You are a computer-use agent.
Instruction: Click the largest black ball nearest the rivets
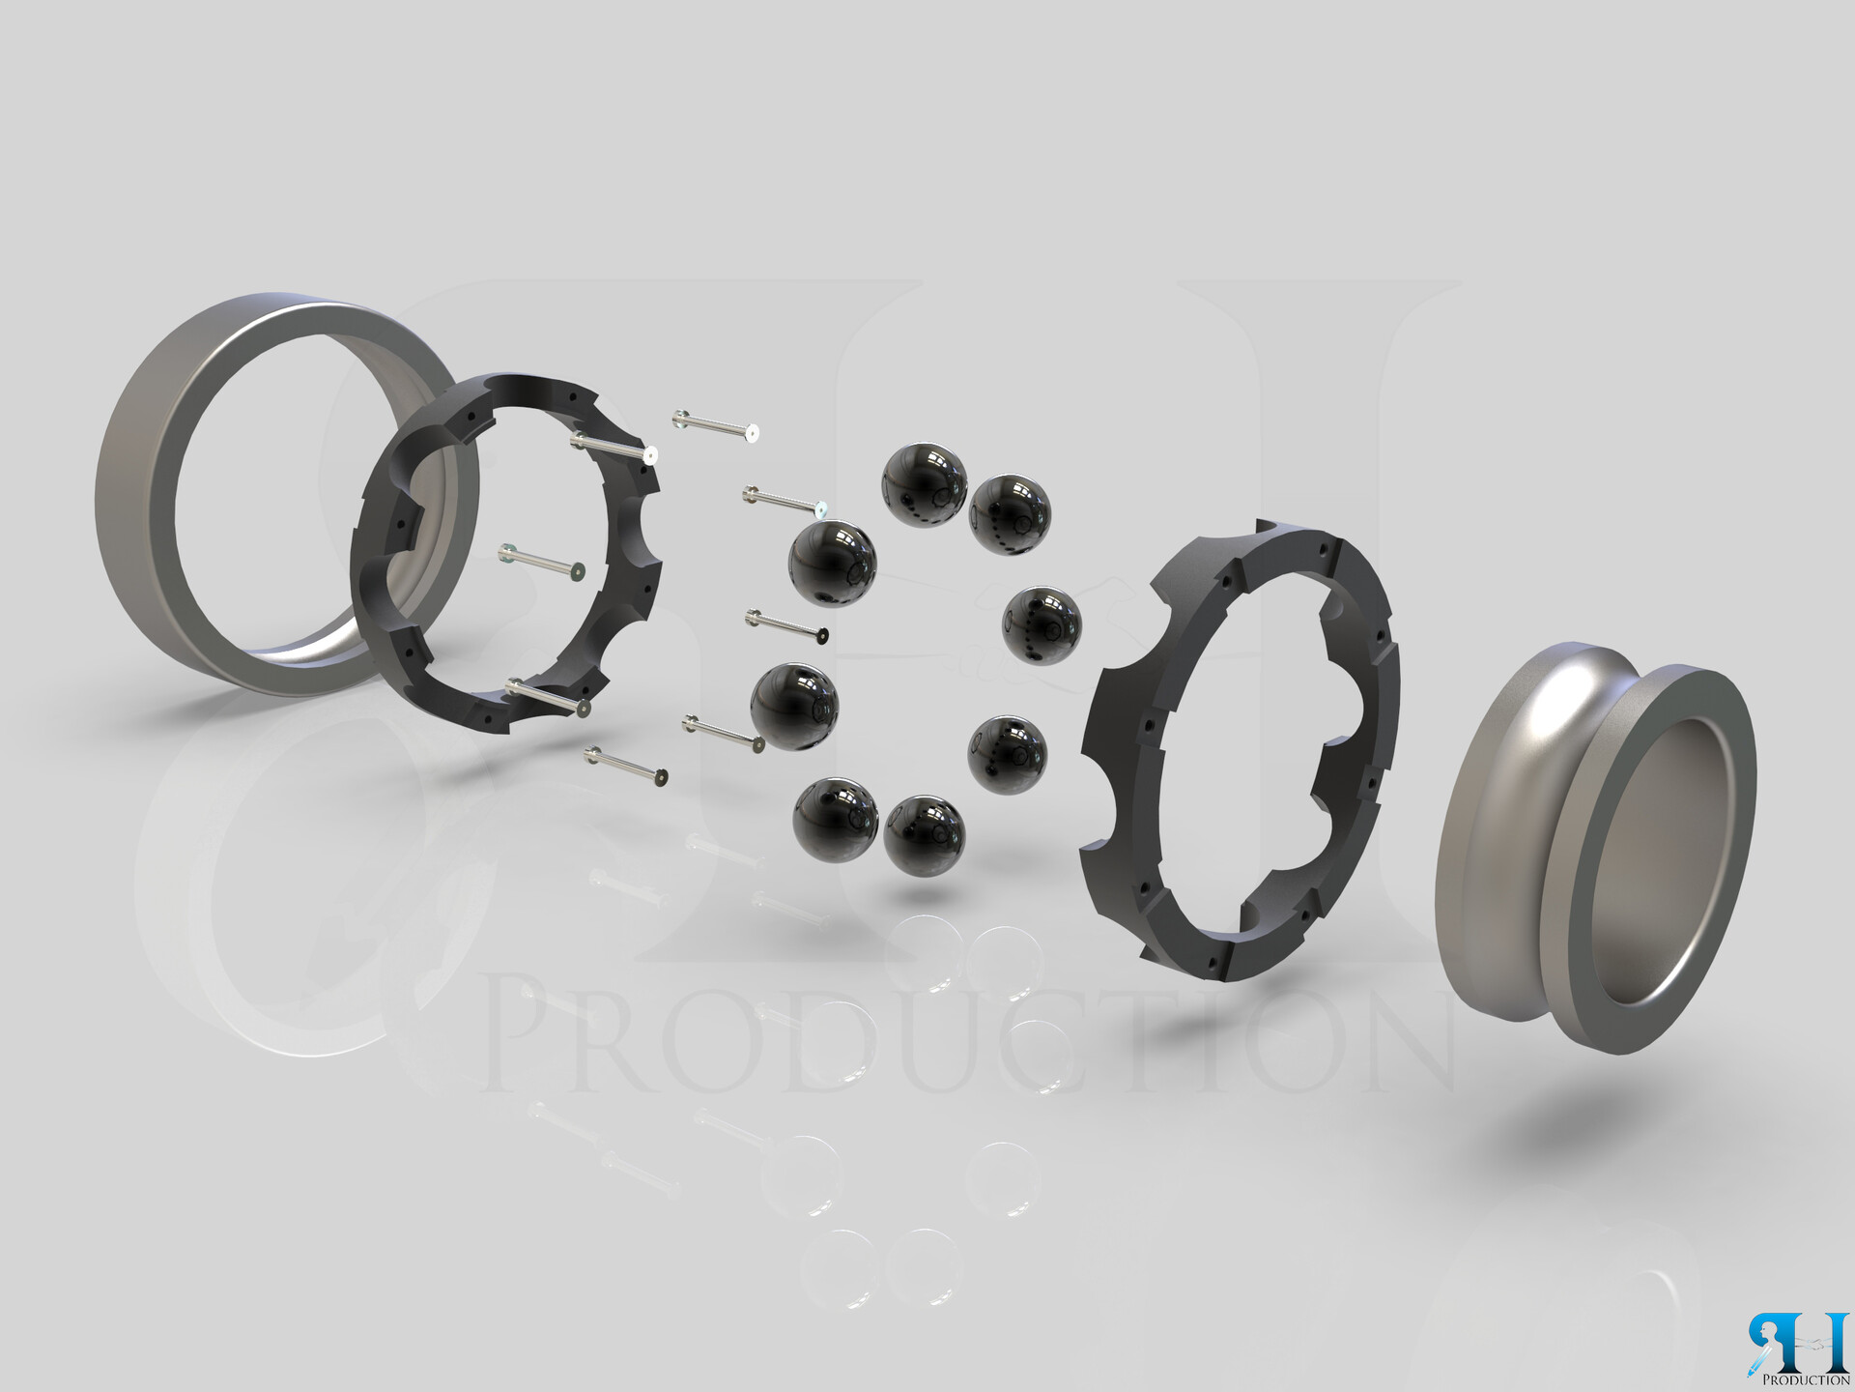832,564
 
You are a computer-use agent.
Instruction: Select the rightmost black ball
1041,624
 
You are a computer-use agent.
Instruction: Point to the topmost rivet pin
716,426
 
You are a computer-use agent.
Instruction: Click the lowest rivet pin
626,765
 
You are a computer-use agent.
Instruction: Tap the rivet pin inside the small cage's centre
540,562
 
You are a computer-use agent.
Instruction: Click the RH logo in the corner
1798,1344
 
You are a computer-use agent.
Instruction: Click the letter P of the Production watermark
527,1034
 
